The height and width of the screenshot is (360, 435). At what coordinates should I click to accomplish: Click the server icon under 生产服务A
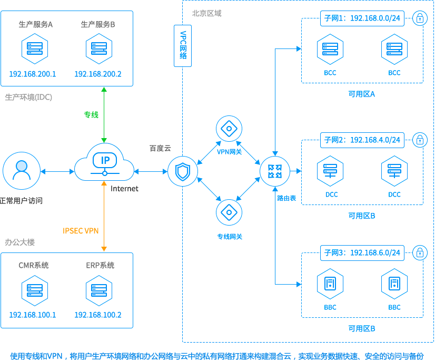(35, 48)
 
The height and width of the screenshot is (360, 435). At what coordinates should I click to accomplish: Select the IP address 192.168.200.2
(98, 74)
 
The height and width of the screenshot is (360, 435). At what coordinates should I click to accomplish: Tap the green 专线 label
(91, 114)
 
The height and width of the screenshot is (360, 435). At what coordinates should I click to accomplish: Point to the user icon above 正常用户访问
(21, 171)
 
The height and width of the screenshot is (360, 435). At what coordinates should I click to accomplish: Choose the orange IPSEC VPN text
(81, 230)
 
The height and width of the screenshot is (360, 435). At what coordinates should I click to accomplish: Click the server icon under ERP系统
(100, 289)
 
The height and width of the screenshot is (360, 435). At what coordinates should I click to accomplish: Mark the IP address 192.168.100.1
(33, 315)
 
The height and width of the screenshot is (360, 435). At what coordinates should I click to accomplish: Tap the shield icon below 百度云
(183, 171)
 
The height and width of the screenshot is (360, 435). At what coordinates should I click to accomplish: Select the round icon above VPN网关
(229, 129)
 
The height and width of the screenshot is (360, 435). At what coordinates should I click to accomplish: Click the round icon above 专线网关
(229, 212)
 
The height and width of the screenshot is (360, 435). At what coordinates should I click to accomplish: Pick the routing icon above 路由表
(274, 171)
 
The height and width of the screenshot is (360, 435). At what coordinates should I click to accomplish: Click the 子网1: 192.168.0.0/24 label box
(362, 19)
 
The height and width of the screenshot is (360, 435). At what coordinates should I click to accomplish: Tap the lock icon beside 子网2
(420, 140)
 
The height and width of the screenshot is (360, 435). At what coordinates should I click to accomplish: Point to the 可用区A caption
(362, 94)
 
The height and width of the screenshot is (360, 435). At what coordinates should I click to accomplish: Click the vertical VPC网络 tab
(183, 46)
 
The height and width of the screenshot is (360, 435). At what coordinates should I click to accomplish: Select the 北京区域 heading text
(207, 13)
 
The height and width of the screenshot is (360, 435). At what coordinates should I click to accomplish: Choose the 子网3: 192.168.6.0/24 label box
(362, 253)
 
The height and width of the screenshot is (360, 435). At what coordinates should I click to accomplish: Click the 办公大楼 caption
(20, 242)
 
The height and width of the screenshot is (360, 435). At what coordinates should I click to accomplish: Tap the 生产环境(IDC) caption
(28, 98)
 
